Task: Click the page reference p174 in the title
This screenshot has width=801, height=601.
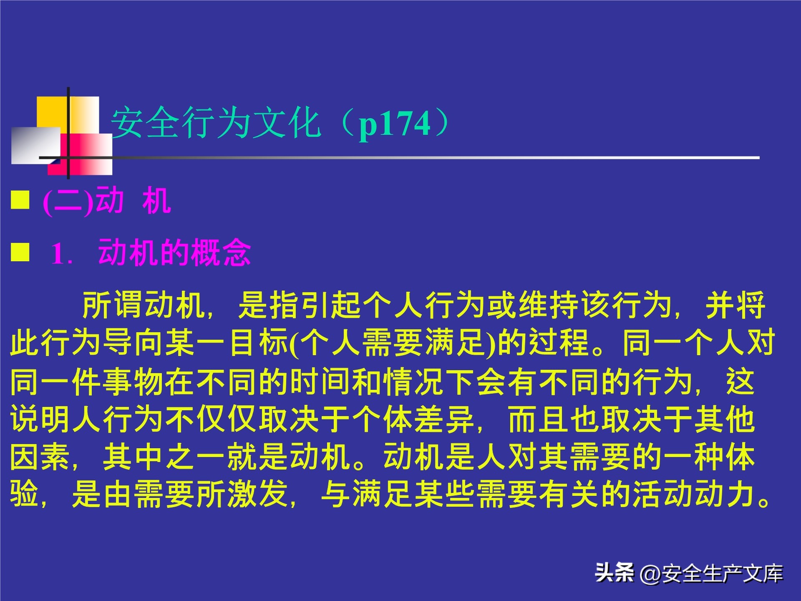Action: pyautogui.click(x=394, y=124)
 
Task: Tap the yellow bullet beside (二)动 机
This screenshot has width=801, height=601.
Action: pyautogui.click(x=20, y=200)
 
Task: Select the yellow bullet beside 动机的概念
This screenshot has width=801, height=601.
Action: pyautogui.click(x=20, y=252)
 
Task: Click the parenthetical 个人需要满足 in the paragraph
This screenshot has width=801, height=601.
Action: pyautogui.click(x=392, y=343)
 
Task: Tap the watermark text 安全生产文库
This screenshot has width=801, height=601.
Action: pyautogui.click(x=722, y=573)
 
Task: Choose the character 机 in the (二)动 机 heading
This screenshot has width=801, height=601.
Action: pyautogui.click(x=156, y=201)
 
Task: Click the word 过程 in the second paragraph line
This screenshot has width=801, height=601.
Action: pyautogui.click(x=559, y=343)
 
